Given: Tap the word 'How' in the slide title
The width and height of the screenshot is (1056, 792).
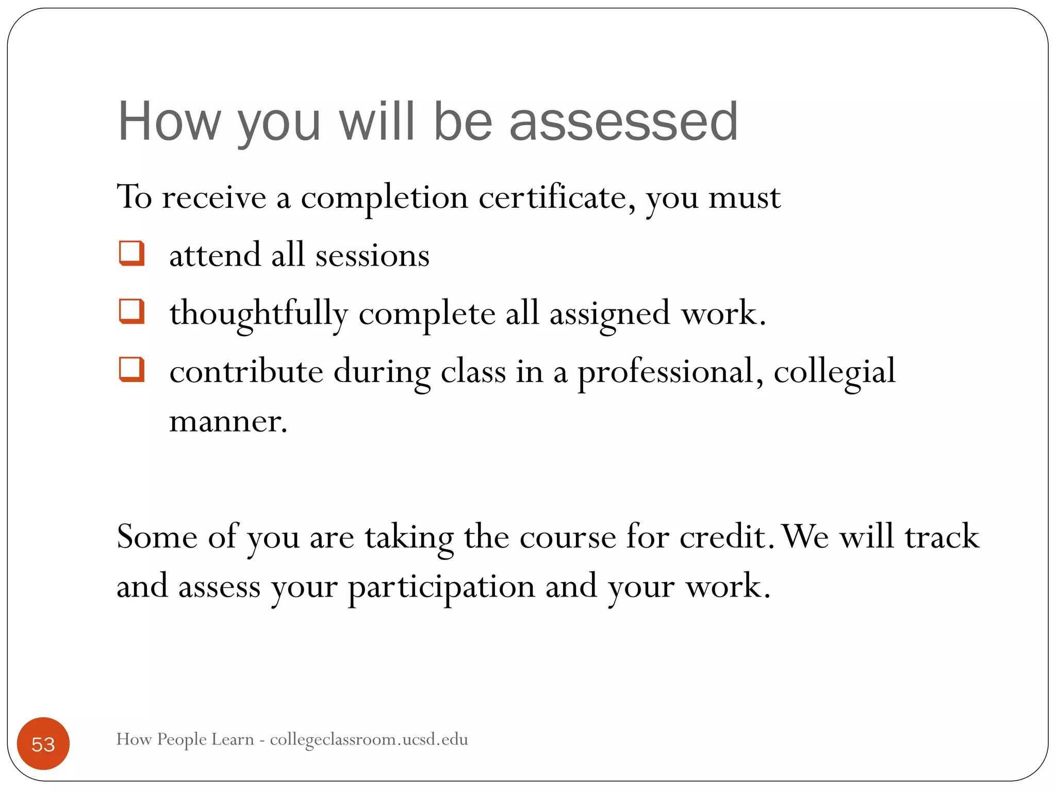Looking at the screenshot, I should click(x=169, y=122).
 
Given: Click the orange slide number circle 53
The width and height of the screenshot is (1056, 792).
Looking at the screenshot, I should click(x=43, y=744).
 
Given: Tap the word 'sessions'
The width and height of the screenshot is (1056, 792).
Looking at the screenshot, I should click(x=372, y=256).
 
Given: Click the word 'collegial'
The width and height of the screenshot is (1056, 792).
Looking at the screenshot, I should click(x=834, y=372).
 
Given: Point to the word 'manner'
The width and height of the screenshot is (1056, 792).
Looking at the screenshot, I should click(x=227, y=422).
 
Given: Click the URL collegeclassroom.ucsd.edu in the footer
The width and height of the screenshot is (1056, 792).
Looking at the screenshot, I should click(x=369, y=739).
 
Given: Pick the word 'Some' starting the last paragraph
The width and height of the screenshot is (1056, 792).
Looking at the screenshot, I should click(x=157, y=537).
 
